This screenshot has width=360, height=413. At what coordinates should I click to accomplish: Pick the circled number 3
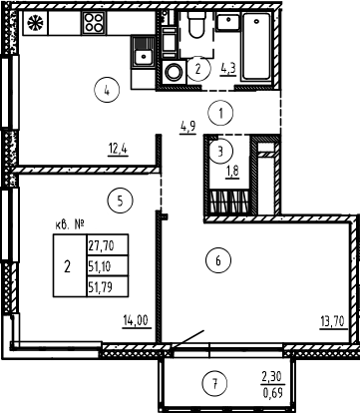coord(219,150)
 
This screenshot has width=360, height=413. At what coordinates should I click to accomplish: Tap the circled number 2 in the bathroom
coord(200,68)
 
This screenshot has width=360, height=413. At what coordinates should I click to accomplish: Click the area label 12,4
coord(119,152)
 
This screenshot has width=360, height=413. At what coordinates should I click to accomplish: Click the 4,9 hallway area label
coord(187,127)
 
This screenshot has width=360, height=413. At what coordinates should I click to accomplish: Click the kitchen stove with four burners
coord(96,21)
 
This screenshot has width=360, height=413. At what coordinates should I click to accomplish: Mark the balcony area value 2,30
coord(270,376)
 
